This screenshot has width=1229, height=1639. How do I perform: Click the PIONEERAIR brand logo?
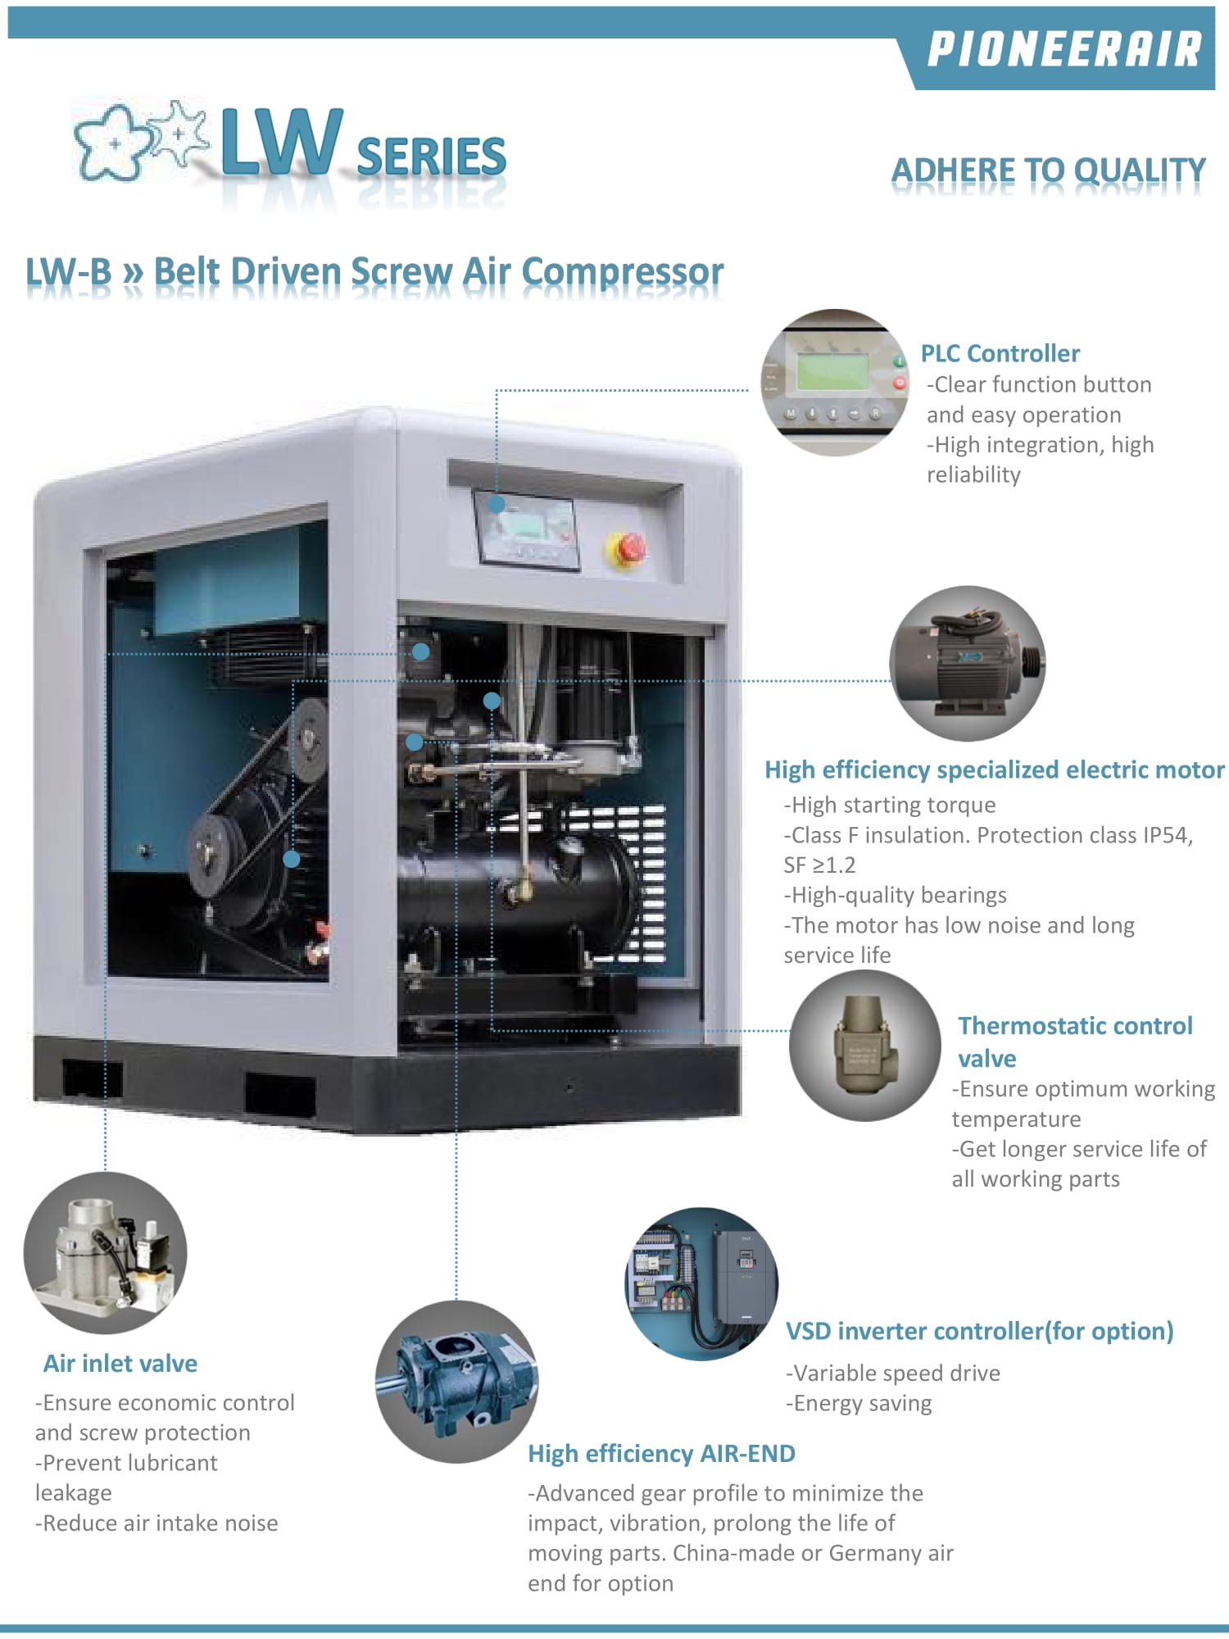(x=1064, y=49)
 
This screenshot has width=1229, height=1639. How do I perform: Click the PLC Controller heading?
(x=1000, y=353)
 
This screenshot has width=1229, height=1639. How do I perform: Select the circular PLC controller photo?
(x=834, y=383)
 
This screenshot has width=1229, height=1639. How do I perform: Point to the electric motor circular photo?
(x=968, y=664)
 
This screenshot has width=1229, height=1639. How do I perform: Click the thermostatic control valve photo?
(x=865, y=1045)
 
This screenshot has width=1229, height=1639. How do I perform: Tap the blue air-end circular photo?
(x=457, y=1382)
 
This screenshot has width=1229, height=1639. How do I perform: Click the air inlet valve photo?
(x=106, y=1253)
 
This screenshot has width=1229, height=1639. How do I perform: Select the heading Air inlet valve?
(x=120, y=1364)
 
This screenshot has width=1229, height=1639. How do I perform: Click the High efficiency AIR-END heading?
(x=662, y=1454)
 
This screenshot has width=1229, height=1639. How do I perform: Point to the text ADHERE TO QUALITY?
(x=1049, y=170)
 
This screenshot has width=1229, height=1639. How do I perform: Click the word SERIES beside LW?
(x=432, y=157)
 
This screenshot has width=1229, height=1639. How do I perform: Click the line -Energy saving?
(x=859, y=1404)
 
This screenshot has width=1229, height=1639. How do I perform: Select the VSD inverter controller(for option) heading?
(x=980, y=1332)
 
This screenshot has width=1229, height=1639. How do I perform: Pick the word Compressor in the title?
(x=623, y=272)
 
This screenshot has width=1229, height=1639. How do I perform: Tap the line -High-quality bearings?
(x=895, y=895)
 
